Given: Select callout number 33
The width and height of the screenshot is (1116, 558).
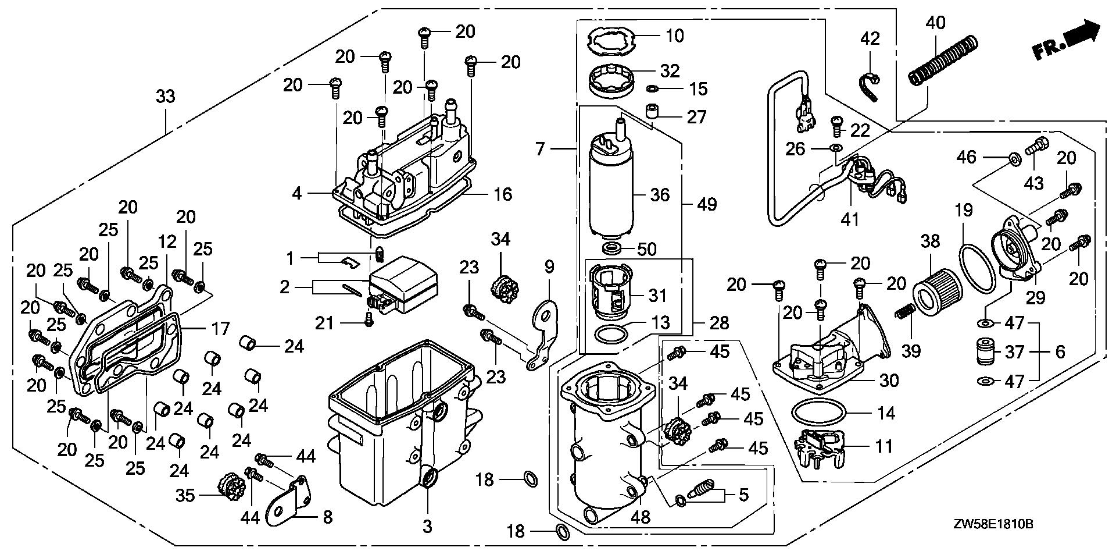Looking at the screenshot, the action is point(166,96).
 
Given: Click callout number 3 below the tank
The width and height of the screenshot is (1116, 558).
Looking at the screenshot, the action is point(427,527).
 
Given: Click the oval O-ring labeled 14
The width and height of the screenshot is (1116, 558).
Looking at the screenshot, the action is point(818,413).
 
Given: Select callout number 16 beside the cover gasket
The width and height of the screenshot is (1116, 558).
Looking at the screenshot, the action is point(502,194).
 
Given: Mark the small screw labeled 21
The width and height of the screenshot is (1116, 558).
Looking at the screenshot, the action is point(367,319).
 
